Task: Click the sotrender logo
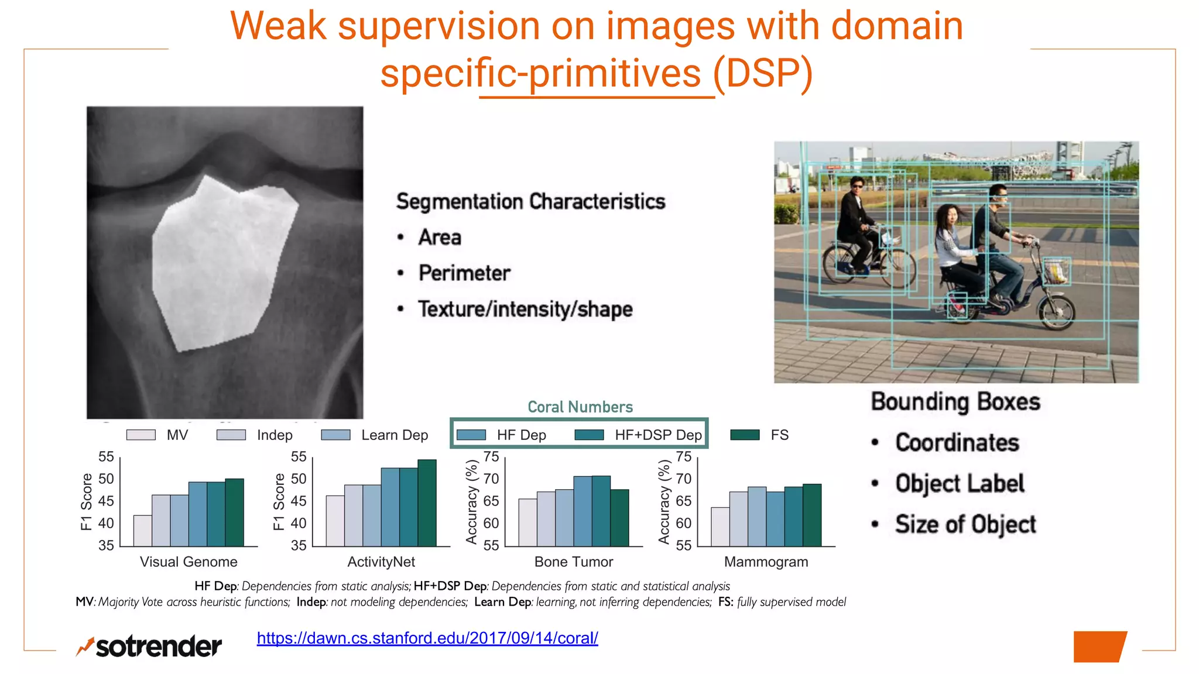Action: point(149,646)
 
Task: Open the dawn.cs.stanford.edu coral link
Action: point(427,638)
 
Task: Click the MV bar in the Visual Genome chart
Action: point(142,531)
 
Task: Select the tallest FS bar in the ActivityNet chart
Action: point(427,503)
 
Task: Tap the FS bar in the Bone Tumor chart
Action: point(619,518)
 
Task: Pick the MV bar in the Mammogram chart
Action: point(720,527)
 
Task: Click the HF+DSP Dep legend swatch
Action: point(589,435)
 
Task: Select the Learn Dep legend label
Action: point(395,435)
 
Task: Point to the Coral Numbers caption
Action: point(580,407)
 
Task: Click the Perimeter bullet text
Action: point(464,273)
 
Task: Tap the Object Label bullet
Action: point(960,484)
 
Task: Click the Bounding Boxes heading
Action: point(955,402)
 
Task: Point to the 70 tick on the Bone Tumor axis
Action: point(491,479)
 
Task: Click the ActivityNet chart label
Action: point(381,562)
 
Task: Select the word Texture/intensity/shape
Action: point(525,309)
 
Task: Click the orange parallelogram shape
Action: point(1099,647)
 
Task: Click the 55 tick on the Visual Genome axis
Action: point(106,457)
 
